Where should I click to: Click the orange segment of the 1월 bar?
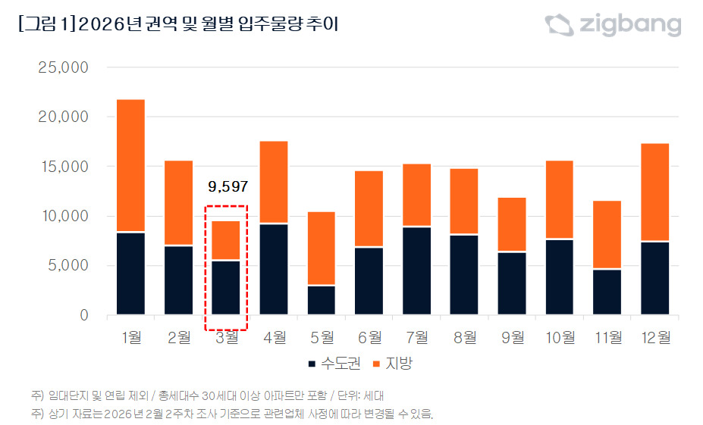click(130, 165)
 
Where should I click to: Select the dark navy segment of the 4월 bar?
click(274, 269)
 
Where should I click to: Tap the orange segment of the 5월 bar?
click(322, 248)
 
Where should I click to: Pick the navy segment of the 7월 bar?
click(417, 270)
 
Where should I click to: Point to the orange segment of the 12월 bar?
click(655, 192)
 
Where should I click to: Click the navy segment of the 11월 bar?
click(607, 292)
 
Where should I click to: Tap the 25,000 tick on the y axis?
click(63, 68)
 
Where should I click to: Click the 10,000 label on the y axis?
click(63, 217)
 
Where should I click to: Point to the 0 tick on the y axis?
click(84, 315)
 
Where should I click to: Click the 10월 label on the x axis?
click(560, 337)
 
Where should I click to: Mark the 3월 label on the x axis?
click(227, 337)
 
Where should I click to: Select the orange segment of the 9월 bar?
click(512, 224)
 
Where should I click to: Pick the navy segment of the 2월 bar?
click(178, 280)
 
